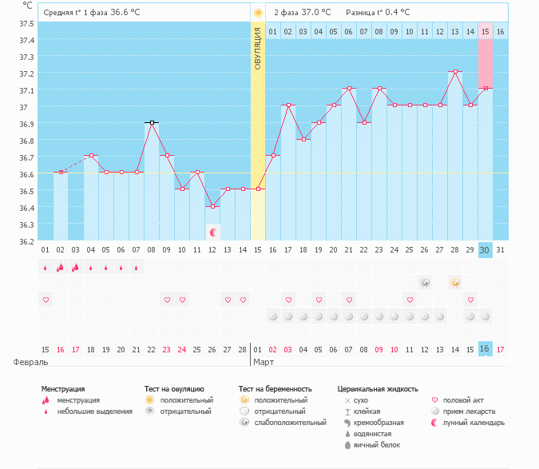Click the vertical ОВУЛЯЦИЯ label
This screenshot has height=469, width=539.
258,48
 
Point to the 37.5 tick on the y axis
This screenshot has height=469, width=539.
26,23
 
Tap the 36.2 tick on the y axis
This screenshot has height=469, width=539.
26,240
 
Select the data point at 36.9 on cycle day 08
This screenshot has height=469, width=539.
152,123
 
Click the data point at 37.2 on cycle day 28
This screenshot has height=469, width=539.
455,72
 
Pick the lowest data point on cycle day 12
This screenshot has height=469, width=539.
212,206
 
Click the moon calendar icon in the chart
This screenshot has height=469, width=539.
213,233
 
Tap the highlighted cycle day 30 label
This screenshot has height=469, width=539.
485,250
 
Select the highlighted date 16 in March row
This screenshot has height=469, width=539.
485,349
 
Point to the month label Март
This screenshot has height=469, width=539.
264,362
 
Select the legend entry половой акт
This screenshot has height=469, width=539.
466,399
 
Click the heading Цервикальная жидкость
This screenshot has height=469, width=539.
378,389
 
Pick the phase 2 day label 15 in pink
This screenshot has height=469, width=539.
485,31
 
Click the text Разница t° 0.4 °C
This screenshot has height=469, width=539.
378,13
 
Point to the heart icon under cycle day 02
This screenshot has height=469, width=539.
46,300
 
